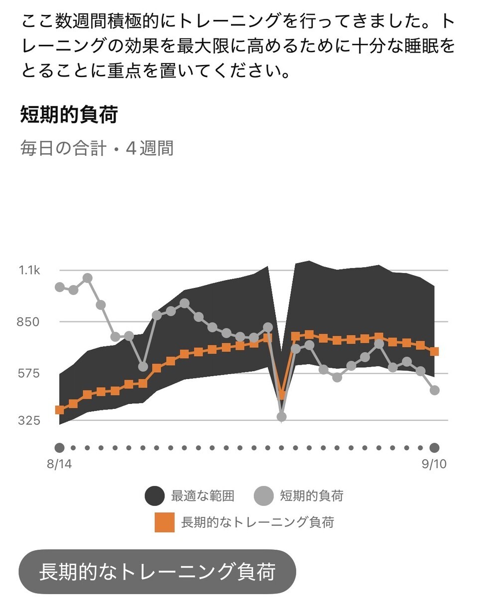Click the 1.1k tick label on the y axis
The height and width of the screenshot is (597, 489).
(29, 271)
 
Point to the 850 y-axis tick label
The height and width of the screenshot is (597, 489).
(28, 322)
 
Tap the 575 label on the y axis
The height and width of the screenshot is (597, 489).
(28, 373)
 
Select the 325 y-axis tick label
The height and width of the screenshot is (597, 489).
(29, 420)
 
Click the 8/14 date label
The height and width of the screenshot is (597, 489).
(59, 464)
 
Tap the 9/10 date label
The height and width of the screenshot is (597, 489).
(434, 464)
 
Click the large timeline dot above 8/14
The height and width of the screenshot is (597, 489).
(59, 448)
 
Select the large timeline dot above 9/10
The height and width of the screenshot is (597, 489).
(434, 448)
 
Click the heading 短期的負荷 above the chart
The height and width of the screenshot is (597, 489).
(69, 114)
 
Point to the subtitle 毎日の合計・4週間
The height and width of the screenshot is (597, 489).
(97, 148)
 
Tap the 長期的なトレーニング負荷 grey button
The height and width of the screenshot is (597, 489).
(157, 572)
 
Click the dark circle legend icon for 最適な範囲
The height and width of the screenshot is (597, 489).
(154, 496)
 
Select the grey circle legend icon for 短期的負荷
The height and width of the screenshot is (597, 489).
(263, 496)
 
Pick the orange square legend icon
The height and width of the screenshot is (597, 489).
(165, 522)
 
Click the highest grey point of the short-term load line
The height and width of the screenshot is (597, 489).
(88, 279)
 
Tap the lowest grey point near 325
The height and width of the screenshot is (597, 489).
(281, 417)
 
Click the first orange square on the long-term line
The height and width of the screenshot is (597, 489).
(59, 410)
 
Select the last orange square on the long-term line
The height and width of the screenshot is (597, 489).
(434, 352)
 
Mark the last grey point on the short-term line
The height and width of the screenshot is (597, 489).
(434, 391)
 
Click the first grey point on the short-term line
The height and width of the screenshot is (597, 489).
(59, 287)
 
